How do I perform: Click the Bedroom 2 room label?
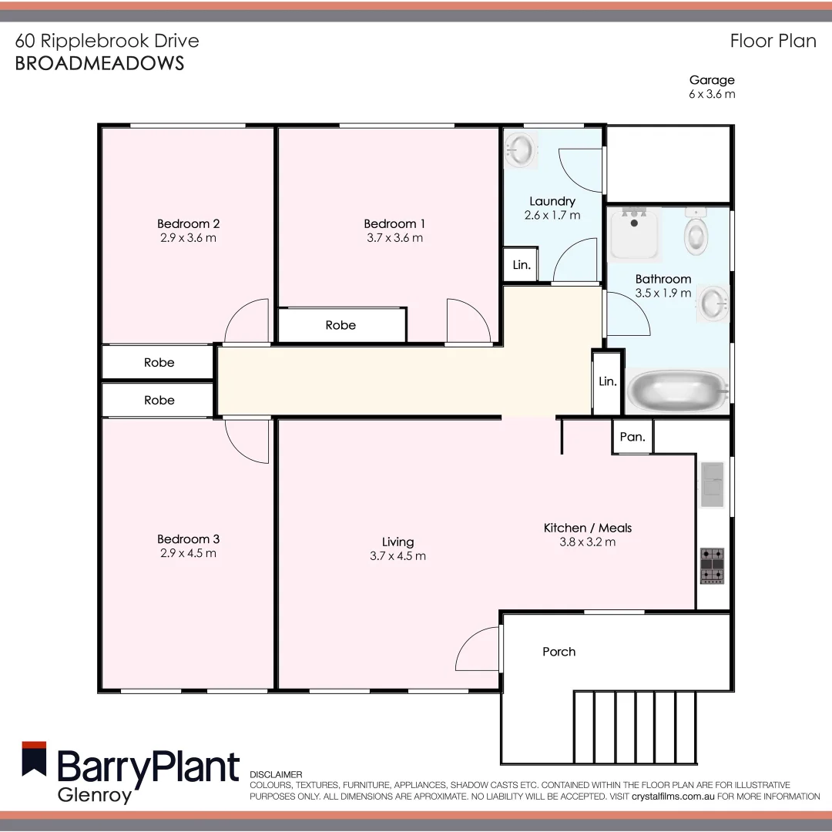click(188, 224)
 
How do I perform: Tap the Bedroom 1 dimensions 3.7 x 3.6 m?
click(394, 238)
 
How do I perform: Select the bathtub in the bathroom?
click(677, 391)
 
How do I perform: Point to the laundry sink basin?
click(522, 149)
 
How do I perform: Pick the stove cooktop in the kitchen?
click(712, 565)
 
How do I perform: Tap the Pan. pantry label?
click(632, 437)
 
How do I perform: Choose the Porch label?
click(559, 652)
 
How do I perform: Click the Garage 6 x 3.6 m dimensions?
click(712, 94)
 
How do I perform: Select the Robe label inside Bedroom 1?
click(341, 325)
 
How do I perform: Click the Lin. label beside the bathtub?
click(608, 381)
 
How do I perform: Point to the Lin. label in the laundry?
click(522, 265)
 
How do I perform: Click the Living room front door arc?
click(478, 649)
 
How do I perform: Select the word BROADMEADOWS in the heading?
click(100, 63)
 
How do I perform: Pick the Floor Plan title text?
click(773, 41)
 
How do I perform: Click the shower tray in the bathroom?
click(635, 233)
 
